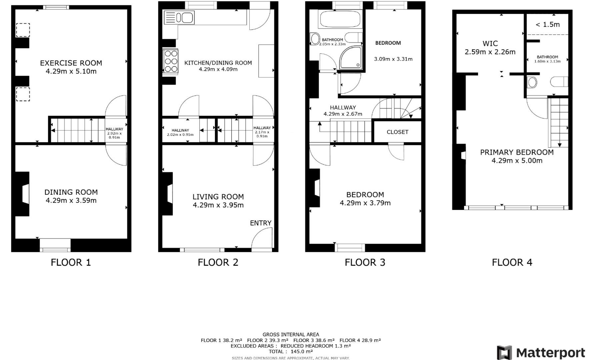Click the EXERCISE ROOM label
pyautogui.click(x=71, y=63)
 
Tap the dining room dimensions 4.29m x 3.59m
pyautogui.click(x=71, y=201)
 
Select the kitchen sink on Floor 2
pyautogui.click(x=179, y=18)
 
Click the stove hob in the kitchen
pyautogui.click(x=170, y=61)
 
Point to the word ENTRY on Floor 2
pyautogui.click(x=260, y=223)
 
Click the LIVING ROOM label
pyautogui.click(x=218, y=197)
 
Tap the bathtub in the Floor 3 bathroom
pyautogui.click(x=340, y=19)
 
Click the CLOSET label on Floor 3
pyautogui.click(x=397, y=132)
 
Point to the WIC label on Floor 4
pyautogui.click(x=490, y=43)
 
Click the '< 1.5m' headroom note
pyautogui.click(x=547, y=24)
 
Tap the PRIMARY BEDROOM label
pyautogui.click(x=517, y=152)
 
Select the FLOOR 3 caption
pyautogui.click(x=365, y=262)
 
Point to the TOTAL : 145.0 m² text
pyautogui.click(x=291, y=351)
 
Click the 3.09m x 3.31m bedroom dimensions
pyautogui.click(x=393, y=59)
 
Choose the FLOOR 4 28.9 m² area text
pyautogui.click(x=360, y=340)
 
